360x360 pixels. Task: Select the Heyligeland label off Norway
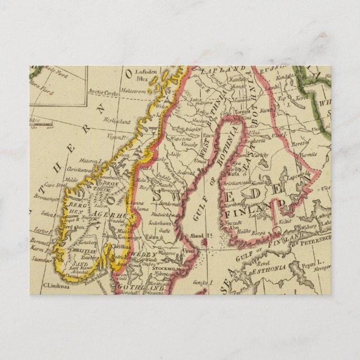pyautogui.click(x=120, y=121)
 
